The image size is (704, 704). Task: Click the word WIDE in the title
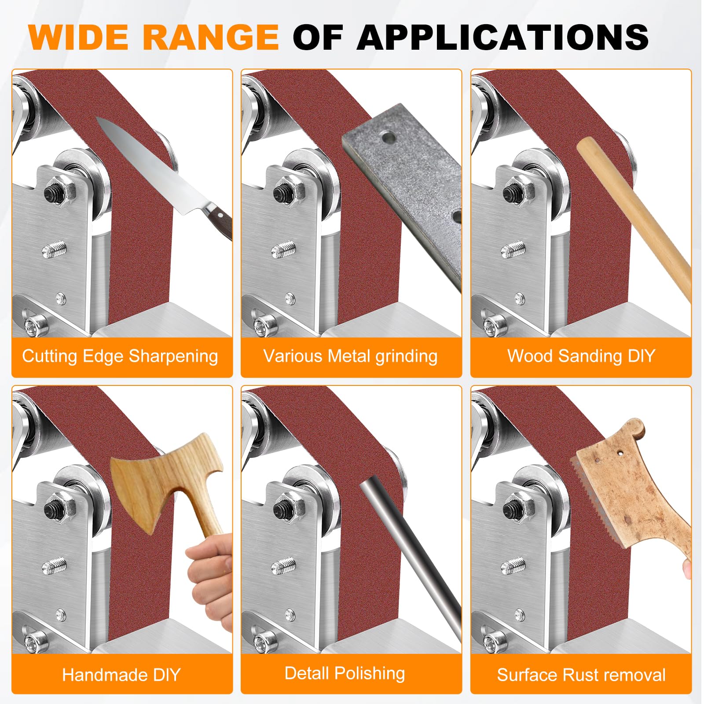pyautogui.click(x=78, y=37)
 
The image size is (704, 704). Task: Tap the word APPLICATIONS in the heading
pyautogui.click(x=502, y=37)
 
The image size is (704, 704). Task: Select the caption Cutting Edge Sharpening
pyautogui.click(x=120, y=356)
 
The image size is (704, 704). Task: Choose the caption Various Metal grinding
pyautogui.click(x=350, y=356)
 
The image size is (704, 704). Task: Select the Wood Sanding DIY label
pyautogui.click(x=581, y=356)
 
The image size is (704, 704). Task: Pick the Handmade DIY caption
pyautogui.click(x=121, y=675)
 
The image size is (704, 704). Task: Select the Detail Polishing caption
pyautogui.click(x=345, y=674)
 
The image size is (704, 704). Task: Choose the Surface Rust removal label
pyautogui.click(x=581, y=675)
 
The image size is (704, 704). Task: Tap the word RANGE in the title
pyautogui.click(x=211, y=37)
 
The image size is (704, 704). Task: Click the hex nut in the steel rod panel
pyautogui.click(x=289, y=509)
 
